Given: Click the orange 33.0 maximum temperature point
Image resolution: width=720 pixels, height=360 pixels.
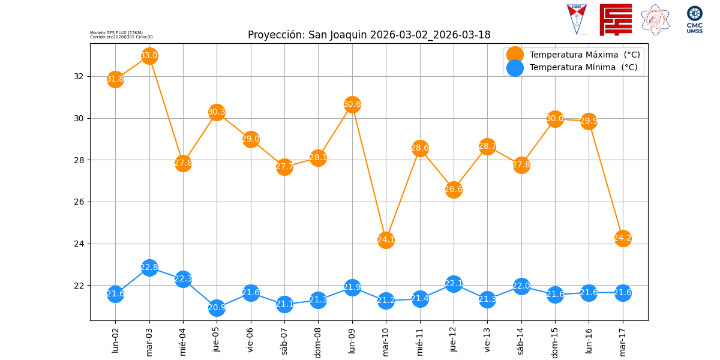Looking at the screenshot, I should point(149,56).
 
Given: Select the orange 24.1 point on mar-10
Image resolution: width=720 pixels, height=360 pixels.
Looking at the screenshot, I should point(386,240).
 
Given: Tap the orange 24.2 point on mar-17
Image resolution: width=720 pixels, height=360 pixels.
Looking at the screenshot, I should point(623,238).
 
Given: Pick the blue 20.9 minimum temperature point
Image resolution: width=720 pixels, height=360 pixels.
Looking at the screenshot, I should point(217,308).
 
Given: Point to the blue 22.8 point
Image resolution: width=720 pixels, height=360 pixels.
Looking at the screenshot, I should point(149,268).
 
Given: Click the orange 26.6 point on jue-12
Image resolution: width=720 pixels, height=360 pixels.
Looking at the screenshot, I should point(454,190).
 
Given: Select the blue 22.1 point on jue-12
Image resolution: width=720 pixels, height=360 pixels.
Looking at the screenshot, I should point(454,284).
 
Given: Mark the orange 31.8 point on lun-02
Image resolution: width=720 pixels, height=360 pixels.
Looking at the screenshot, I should point(115,79).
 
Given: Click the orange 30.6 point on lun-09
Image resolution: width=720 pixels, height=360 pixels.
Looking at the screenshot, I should point(352,104).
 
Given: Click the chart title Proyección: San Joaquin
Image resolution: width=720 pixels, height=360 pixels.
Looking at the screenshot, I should point(369,35).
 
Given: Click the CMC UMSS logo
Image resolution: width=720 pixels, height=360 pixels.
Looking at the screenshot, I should point(694,20).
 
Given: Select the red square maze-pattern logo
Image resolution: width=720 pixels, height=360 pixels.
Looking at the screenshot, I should point(616,20).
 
